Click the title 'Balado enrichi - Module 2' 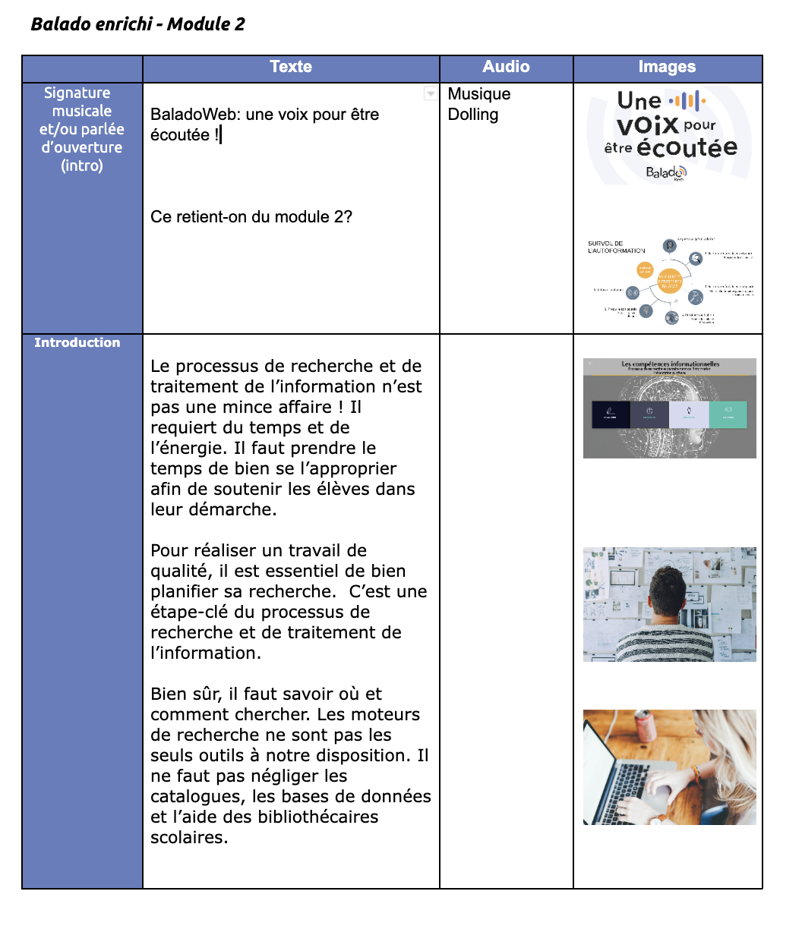tap(137, 24)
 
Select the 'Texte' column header tap(291, 67)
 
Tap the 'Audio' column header tap(506, 67)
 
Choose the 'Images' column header tap(667, 67)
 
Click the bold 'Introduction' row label tap(77, 342)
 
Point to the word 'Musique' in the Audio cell tap(479, 94)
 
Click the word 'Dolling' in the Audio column tap(473, 115)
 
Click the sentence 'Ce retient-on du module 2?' tap(251, 217)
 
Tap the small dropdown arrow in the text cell tap(430, 93)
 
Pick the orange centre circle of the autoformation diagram tap(669, 282)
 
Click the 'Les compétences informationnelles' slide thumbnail tap(669, 408)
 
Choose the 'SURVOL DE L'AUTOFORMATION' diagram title tap(616, 247)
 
